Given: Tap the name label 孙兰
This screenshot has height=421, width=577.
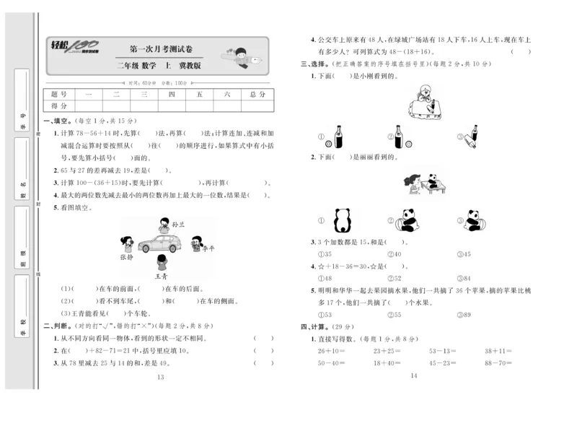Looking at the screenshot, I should [x=178, y=225].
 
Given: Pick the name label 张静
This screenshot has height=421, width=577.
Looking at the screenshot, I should [x=127, y=256].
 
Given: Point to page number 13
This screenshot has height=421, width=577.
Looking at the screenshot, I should [x=160, y=377].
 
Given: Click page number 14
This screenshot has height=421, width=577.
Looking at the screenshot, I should [x=413, y=376].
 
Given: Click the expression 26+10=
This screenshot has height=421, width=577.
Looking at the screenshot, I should [x=331, y=351].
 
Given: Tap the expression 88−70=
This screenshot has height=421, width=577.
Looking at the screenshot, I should [x=498, y=363].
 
